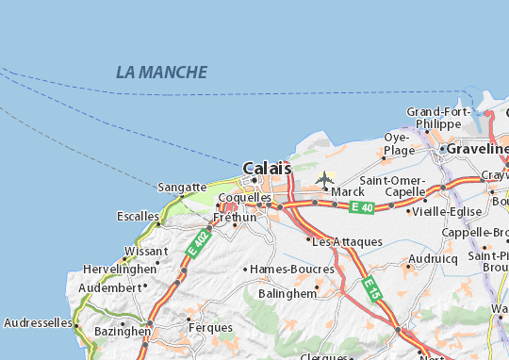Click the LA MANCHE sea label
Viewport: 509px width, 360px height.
coord(161,72)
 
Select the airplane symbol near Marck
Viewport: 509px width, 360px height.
coord(326,177)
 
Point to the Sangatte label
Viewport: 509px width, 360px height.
coord(180,188)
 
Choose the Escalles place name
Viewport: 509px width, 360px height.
coord(138,215)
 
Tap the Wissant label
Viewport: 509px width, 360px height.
coord(145,251)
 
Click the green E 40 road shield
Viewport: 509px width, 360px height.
coord(360,206)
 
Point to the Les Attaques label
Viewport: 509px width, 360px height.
coord(348,241)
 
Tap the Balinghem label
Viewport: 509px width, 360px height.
coord(287,292)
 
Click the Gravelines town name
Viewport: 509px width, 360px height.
coord(480,149)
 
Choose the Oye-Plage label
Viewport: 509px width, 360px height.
coord(399,143)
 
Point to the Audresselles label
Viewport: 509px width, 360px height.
coord(38,322)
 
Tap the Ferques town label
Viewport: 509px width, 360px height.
coord(209,327)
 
